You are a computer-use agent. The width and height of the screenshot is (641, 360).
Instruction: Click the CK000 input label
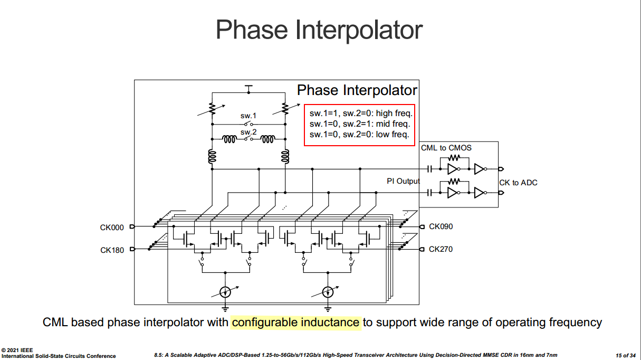point(112,228)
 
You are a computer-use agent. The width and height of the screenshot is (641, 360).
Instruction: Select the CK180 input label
point(112,250)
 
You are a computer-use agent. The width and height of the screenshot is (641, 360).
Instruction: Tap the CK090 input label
point(441,226)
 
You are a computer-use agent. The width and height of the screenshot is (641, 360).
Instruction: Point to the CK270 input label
point(441,249)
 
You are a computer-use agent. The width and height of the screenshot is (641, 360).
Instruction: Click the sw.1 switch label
point(248,116)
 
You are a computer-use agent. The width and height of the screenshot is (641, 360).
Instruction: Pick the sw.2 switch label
point(248,132)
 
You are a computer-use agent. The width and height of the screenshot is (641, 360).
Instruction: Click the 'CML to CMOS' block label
point(446,148)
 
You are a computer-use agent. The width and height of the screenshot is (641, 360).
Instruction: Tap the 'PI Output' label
point(403,181)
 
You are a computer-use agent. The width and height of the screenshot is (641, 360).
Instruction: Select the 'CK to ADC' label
point(518,183)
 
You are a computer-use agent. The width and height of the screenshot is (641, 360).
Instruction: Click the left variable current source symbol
point(225,292)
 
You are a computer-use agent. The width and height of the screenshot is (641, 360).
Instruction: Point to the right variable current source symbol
point(328,292)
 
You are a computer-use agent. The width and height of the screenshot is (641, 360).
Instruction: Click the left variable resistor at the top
point(212,109)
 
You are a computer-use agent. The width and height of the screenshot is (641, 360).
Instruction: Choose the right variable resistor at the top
point(285,109)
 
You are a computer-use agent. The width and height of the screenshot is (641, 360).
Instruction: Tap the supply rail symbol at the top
point(248,89)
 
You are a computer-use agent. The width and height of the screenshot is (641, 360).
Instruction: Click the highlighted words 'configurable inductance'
point(295,322)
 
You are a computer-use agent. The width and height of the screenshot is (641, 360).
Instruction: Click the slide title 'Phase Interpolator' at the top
point(319,30)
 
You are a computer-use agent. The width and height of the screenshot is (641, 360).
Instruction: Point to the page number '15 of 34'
point(626,355)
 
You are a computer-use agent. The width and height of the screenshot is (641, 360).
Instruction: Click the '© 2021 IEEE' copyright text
point(17,350)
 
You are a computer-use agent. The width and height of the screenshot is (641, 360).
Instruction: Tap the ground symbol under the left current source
point(225,309)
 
